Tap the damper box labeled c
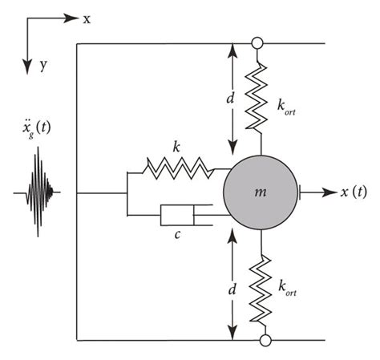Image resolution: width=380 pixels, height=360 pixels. (178, 216)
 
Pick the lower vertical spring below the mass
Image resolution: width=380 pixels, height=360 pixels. (258, 286)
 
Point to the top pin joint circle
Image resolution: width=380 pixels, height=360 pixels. (258, 42)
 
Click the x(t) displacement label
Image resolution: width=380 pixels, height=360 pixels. (354, 192)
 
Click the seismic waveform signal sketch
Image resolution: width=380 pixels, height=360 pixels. (36, 192)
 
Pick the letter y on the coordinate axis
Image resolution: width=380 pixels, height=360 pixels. (42, 66)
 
